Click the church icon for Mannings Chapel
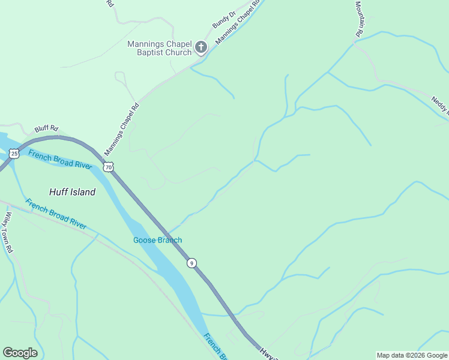tap(201, 47)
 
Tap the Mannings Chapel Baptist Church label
tap(160, 49)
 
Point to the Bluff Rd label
tap(46, 128)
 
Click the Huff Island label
tap(72, 192)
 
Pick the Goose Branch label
tap(157, 241)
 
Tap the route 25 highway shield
tap(14, 154)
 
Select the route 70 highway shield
tap(108, 167)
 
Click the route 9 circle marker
tap(191, 263)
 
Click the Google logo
tap(20, 353)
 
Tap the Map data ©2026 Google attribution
tap(412, 355)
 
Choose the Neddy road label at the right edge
tap(440, 104)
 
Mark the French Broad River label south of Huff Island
tap(56, 213)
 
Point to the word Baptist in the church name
tap(141, 53)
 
